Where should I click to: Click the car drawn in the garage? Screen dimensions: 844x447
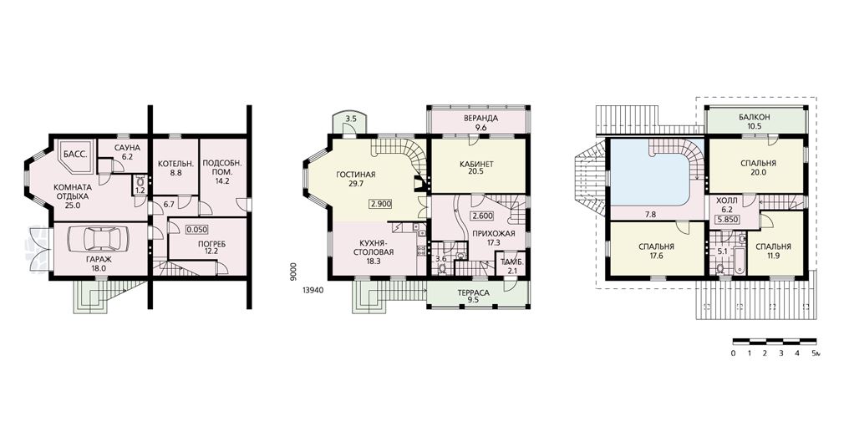pyautogui.click(x=99, y=238)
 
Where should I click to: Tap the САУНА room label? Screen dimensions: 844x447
pyautogui.click(x=127, y=148)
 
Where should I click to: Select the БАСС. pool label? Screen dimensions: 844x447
pyautogui.click(x=75, y=155)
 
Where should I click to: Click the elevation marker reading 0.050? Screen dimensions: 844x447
pyautogui.click(x=197, y=229)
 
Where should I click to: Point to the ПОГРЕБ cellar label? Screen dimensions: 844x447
pyautogui.click(x=212, y=244)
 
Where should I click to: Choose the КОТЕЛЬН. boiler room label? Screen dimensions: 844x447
pyautogui.click(x=172, y=163)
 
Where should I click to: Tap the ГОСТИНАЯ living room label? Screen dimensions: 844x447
pyautogui.click(x=355, y=175)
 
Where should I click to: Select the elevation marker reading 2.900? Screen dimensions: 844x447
pyautogui.click(x=380, y=204)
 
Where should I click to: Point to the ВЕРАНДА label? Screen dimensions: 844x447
pyautogui.click(x=480, y=119)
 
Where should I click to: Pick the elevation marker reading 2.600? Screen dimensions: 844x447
pyautogui.click(x=481, y=216)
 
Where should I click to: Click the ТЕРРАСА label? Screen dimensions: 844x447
pyautogui.click(x=473, y=293)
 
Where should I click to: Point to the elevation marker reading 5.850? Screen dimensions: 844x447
pyautogui.click(x=727, y=220)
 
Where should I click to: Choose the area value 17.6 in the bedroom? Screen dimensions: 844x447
pyautogui.click(x=656, y=256)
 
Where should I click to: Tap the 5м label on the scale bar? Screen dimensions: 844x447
pyautogui.click(x=816, y=353)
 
